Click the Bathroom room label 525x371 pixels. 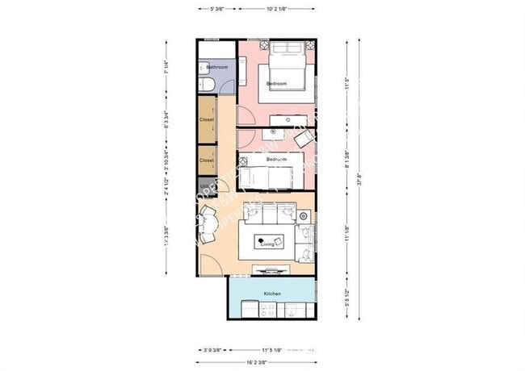(x=216, y=68)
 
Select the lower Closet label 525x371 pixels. (x=207, y=160)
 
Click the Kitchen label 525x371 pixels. (x=272, y=294)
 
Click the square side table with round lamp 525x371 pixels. (x=304, y=216)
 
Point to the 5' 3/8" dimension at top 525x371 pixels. (x=216, y=10)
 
